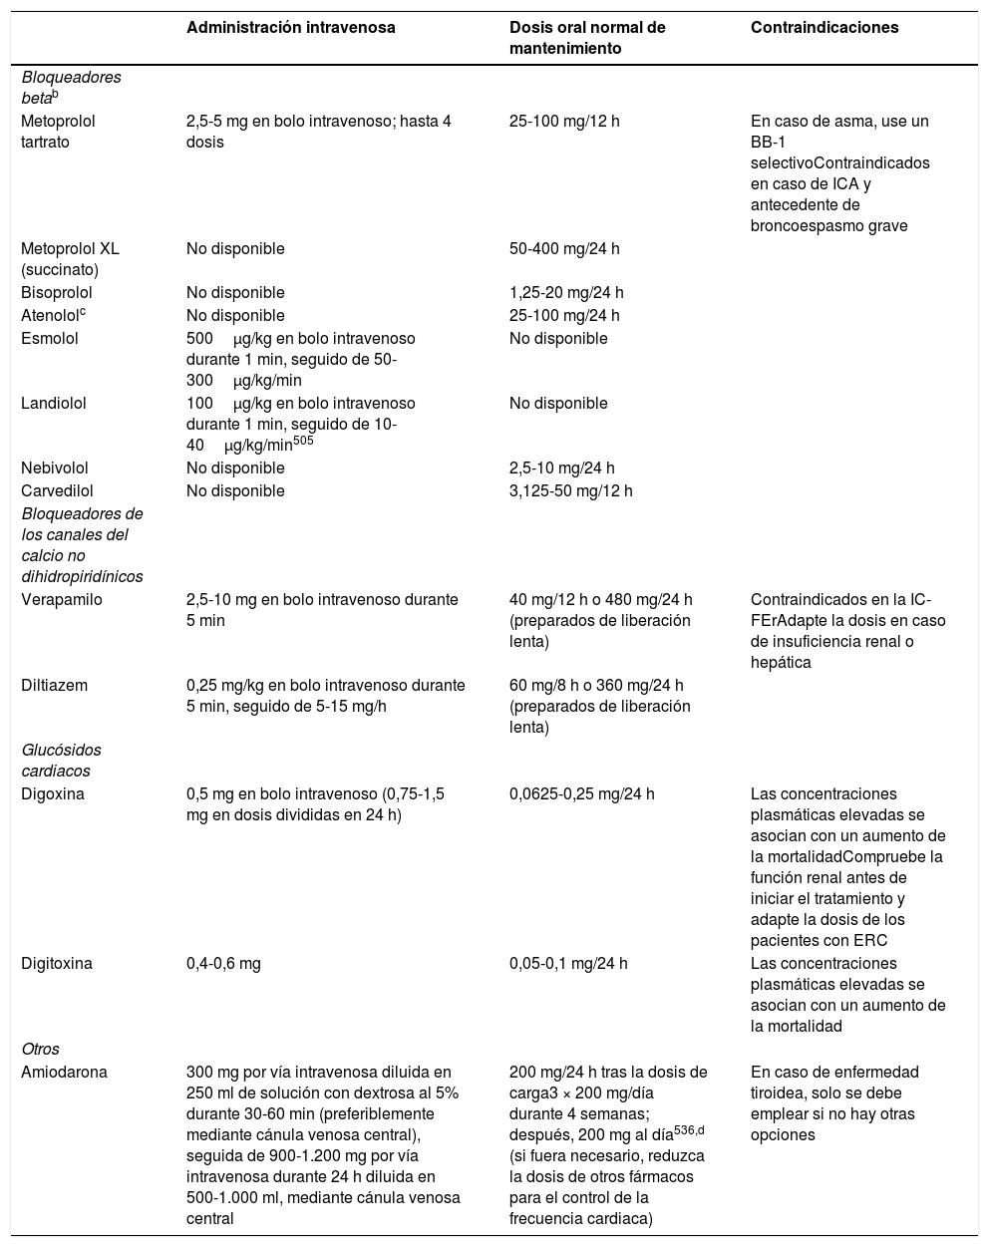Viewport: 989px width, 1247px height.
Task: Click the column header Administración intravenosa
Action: coord(291,28)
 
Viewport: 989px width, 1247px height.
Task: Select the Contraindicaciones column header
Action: coord(824,28)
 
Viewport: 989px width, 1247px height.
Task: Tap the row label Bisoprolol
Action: coord(57,293)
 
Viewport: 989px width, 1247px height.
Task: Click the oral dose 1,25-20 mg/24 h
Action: coord(566,293)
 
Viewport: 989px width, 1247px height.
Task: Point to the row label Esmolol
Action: coord(50,338)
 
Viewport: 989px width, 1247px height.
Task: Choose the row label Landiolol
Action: coord(53,404)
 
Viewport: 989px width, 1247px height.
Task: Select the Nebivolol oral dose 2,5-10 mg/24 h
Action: coord(562,468)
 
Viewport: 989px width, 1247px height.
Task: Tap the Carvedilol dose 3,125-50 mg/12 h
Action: coord(570,490)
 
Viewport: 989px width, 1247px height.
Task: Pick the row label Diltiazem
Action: coord(55,685)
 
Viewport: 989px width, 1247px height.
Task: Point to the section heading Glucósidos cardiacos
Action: coord(61,760)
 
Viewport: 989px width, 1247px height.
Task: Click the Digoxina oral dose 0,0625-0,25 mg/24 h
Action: coord(581,794)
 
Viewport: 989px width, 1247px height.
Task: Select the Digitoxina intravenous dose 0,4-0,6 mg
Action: coord(223,964)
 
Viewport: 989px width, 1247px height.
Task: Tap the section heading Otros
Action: coord(41,1049)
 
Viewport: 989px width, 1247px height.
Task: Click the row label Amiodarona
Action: coord(64,1073)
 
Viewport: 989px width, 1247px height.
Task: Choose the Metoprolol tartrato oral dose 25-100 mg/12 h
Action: coord(564,122)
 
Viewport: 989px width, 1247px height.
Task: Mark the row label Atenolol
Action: coord(50,316)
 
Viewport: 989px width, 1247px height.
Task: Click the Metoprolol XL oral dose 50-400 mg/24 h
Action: coord(564,249)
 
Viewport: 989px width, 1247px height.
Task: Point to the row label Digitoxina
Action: coord(57,964)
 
